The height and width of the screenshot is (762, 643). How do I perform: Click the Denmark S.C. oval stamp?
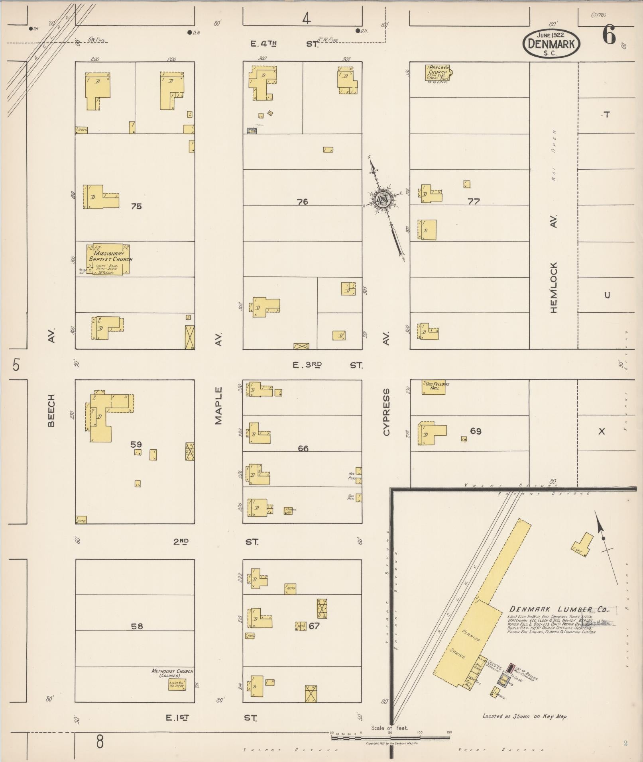(552, 43)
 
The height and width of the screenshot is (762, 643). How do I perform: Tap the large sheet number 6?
(609, 35)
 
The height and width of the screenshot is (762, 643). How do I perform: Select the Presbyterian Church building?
(438, 73)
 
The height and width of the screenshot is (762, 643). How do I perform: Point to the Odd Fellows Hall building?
(433, 387)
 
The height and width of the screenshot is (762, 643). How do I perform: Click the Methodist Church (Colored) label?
(172, 673)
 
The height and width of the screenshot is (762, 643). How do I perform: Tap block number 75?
(136, 206)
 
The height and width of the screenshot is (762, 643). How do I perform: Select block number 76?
(303, 202)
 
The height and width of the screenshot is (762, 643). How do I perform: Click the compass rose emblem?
(383, 199)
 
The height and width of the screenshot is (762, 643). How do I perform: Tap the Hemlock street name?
(554, 287)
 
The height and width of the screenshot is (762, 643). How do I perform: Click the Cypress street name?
(386, 412)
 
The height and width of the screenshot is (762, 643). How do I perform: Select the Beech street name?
(51, 411)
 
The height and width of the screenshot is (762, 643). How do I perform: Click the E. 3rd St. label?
(327, 365)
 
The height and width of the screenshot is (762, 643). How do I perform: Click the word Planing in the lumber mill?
(471, 635)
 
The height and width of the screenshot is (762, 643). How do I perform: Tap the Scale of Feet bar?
(391, 738)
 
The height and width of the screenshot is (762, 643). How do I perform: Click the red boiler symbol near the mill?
(510, 667)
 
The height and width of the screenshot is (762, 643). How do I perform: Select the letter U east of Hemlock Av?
(607, 295)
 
